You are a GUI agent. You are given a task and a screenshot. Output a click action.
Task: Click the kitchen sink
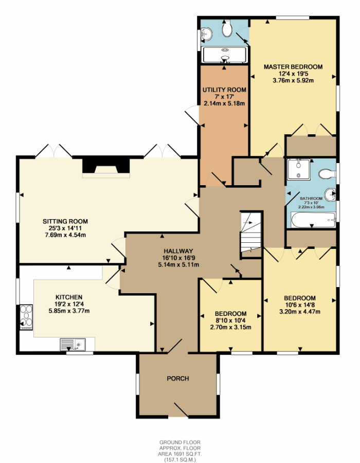(74, 344)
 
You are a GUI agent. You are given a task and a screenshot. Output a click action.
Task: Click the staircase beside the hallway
(251, 235)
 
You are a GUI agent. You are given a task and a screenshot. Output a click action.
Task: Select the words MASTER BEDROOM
(293, 67)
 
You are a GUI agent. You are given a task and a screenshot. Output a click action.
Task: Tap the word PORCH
(178, 379)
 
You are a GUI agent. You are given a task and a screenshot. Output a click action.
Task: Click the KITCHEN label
(69, 297)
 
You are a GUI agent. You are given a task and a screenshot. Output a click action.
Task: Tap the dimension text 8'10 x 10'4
(230, 320)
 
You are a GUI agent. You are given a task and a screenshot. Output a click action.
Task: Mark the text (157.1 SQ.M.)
(179, 459)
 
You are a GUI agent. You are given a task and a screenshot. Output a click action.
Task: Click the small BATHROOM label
(311, 199)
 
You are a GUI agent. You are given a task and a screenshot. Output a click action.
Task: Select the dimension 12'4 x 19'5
(293, 74)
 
